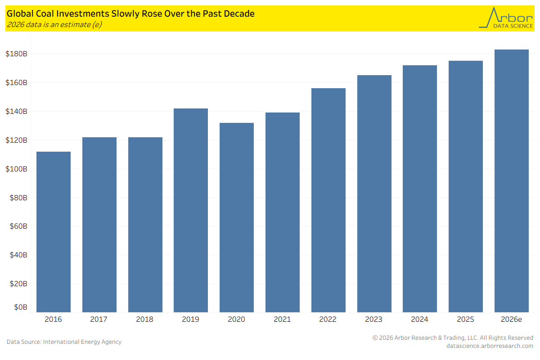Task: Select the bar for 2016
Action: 54,232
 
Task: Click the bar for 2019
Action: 191,210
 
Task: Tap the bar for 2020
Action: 237,217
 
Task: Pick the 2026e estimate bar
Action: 512,181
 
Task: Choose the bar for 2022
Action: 328,200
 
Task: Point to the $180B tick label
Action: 16,54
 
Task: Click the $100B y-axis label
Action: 16,169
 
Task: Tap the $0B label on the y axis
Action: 21,307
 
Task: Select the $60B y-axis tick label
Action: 18,226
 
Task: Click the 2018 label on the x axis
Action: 144,319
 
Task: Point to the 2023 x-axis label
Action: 373,319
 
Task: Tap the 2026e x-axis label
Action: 511,319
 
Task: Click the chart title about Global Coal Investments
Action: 130,14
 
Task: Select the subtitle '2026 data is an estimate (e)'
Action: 54,25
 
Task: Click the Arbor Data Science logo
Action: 506,18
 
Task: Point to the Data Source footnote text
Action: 64,342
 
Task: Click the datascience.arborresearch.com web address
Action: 490,346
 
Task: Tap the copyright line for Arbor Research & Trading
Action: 453,337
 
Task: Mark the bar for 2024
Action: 420,189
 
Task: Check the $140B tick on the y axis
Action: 16,112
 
